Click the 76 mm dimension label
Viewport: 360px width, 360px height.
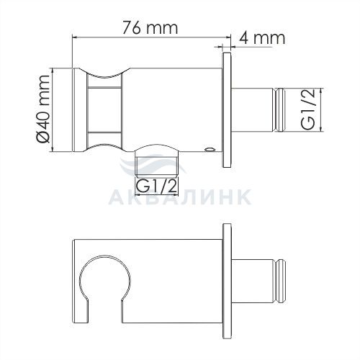click(x=150, y=28)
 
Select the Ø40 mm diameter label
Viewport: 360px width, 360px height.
click(x=43, y=109)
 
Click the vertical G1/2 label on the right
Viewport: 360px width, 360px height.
click(x=308, y=109)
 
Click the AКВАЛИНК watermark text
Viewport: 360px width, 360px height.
click(x=179, y=197)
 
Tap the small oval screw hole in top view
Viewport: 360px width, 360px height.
click(x=210, y=150)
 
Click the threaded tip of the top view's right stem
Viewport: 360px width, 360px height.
click(x=279, y=110)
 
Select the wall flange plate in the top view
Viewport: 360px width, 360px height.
click(x=227, y=110)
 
